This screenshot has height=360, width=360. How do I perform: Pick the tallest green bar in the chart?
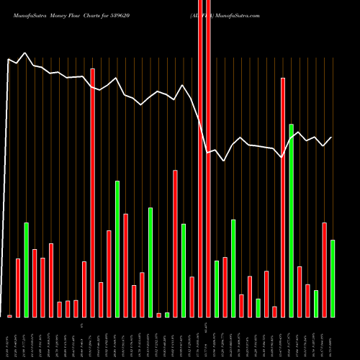click(291, 220)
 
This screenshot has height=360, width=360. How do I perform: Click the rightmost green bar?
click(333, 278)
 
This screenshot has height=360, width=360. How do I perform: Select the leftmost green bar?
click(26, 269)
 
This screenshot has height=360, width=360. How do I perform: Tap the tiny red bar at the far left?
click(9, 315)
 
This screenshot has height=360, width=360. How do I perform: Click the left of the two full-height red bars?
click(200, 180)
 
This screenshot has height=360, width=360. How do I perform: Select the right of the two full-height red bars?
click(209, 180)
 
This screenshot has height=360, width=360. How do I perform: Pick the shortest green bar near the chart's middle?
click(167, 315)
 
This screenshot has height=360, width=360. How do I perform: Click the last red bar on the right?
click(324, 269)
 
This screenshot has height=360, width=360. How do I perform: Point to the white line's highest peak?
click(25, 53)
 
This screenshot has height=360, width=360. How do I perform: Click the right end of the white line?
click(332, 138)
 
